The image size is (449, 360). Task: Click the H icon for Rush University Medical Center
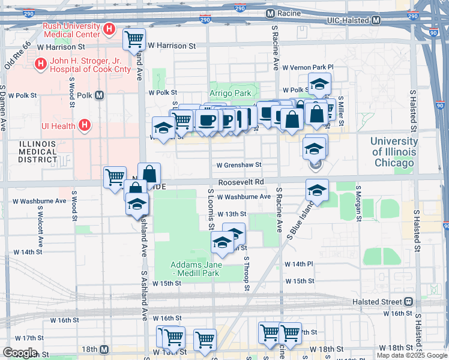tap(109, 28)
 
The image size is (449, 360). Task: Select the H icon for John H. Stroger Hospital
tap(40, 63)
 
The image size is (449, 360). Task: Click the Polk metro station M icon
tap(99, 95)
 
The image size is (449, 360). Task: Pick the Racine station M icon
tap(270, 13)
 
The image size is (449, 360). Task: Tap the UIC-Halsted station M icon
tap(376, 20)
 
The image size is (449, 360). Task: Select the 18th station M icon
tap(104, 349)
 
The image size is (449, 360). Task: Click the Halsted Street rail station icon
tap(408, 301)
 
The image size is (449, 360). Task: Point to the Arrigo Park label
tap(230, 93)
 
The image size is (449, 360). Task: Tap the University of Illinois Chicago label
tap(393, 152)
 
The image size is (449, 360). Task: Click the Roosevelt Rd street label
tap(241, 182)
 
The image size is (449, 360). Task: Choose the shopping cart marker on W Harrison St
tap(134, 40)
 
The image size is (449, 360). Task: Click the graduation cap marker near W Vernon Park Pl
tap(319, 85)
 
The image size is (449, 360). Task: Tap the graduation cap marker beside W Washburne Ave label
tap(317, 191)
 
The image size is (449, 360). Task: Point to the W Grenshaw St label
tap(239, 164)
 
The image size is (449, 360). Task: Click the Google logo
tap(20, 353)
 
